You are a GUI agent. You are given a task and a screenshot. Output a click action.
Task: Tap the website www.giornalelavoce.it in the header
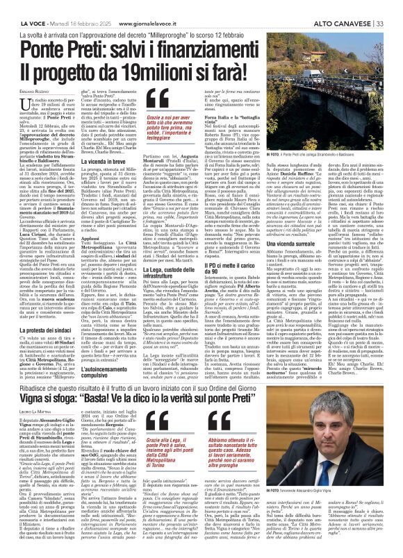(x=159, y=6)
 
